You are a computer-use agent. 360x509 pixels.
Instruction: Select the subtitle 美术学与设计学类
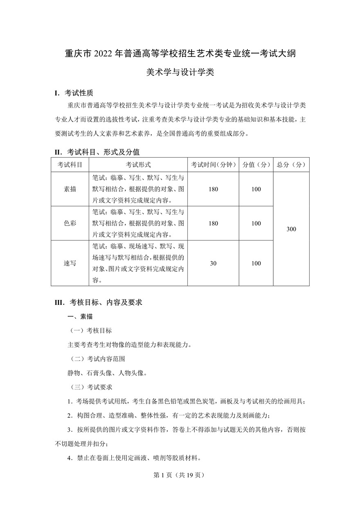[180, 73]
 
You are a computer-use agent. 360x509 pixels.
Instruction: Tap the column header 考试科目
[70, 164]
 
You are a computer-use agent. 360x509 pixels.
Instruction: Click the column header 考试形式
[138, 164]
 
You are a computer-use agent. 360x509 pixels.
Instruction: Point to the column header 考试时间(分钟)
[213, 164]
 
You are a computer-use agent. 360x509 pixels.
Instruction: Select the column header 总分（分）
[291, 164]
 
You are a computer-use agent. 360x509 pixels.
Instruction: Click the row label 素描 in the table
[70, 189]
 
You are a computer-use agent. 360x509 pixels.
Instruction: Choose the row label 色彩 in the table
[70, 223]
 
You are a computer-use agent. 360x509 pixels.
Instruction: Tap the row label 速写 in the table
[70, 263]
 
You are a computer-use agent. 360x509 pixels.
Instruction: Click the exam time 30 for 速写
[213, 263]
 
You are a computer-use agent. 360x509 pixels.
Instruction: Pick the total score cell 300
[291, 229]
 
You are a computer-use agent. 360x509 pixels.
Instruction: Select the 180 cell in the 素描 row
[213, 189]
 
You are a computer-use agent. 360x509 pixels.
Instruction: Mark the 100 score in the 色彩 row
[256, 223]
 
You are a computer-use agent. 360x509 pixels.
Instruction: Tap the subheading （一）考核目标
[90, 330]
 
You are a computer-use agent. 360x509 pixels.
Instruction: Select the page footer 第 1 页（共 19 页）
[178, 475]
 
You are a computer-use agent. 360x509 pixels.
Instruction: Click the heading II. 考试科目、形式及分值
[97, 152]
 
